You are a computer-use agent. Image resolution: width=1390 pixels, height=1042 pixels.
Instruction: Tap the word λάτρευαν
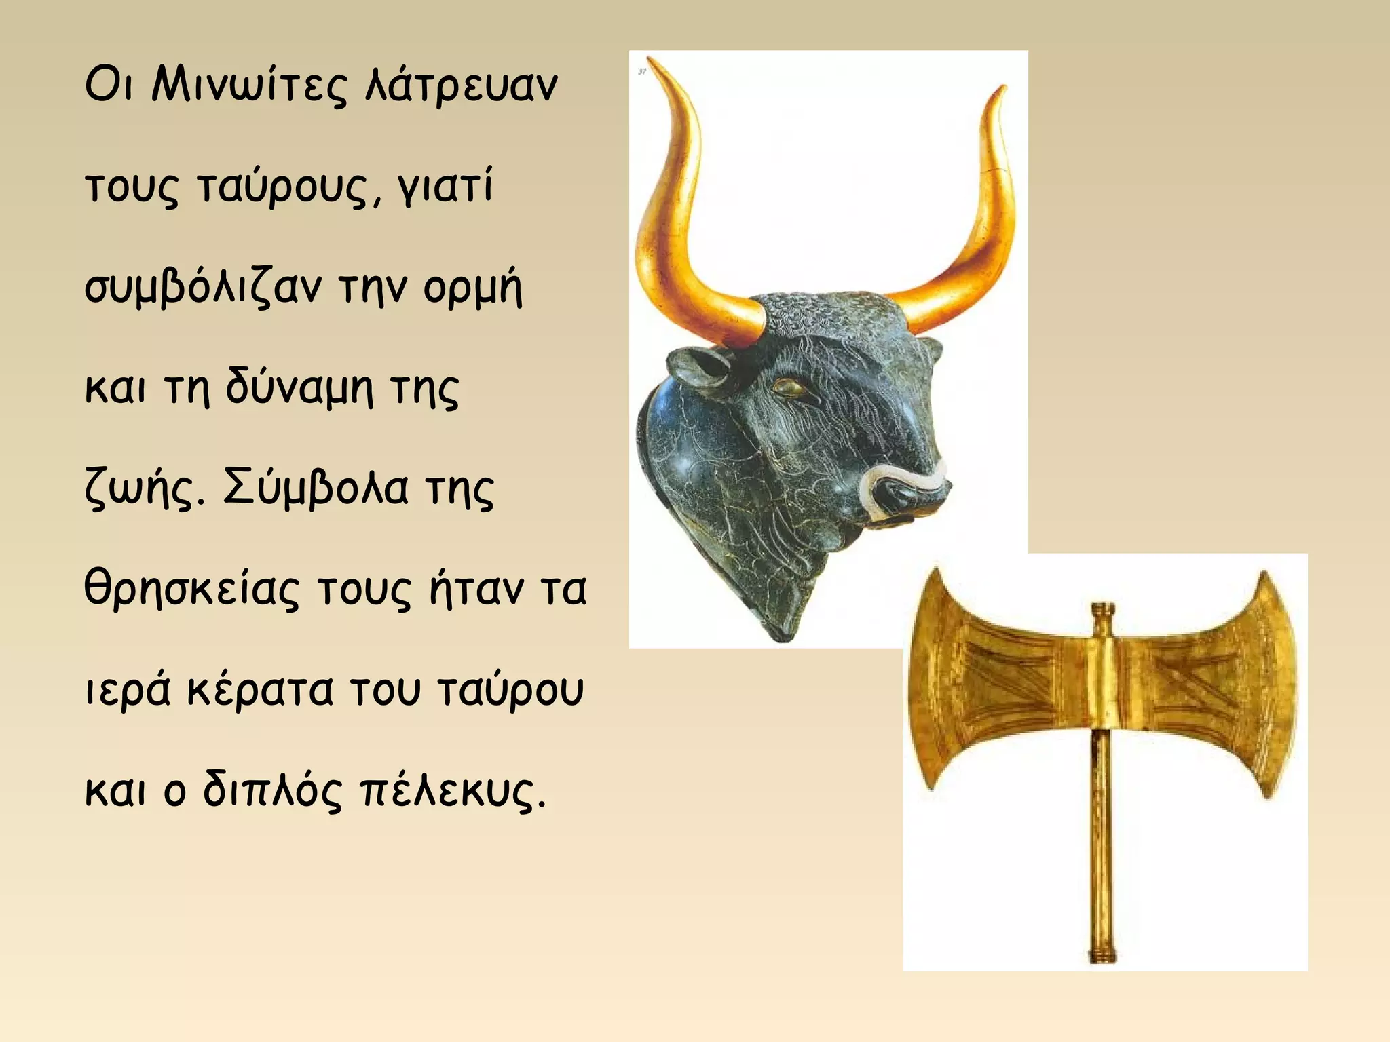[x=461, y=87]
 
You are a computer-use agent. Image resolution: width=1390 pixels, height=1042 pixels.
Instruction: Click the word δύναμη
[x=299, y=388]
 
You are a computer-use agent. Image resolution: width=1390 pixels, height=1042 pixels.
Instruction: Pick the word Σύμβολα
[x=316, y=488]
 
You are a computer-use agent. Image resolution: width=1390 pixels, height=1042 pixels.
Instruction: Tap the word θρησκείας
[x=191, y=589]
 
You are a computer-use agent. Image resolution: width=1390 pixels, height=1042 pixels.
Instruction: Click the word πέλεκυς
[x=451, y=790]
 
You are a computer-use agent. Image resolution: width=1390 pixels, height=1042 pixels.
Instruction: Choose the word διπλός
[x=272, y=790]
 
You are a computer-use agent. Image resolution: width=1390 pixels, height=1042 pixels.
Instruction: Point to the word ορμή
[x=472, y=288]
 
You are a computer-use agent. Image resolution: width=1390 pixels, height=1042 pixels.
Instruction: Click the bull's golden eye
[x=787, y=387]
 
